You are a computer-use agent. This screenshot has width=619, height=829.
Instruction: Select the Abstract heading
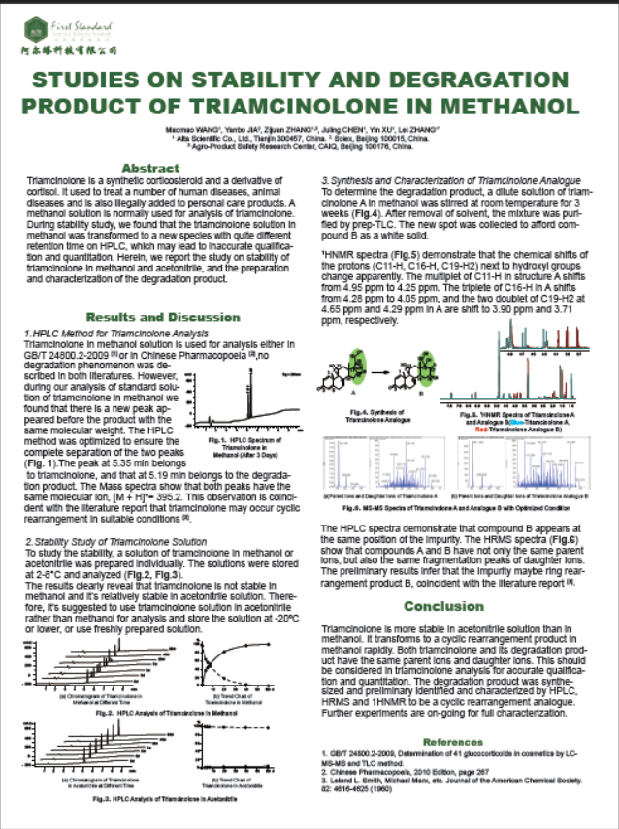click(156, 168)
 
